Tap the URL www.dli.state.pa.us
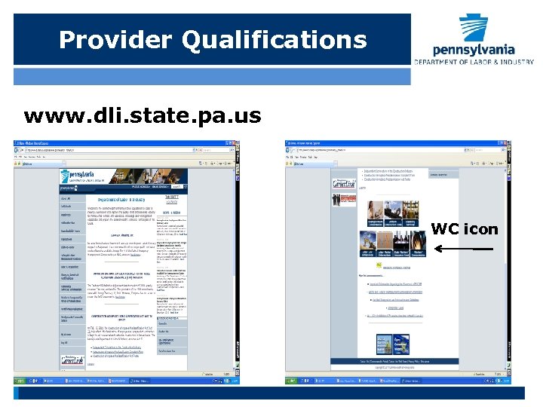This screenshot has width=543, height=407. [143, 116]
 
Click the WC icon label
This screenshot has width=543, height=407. [465, 229]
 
